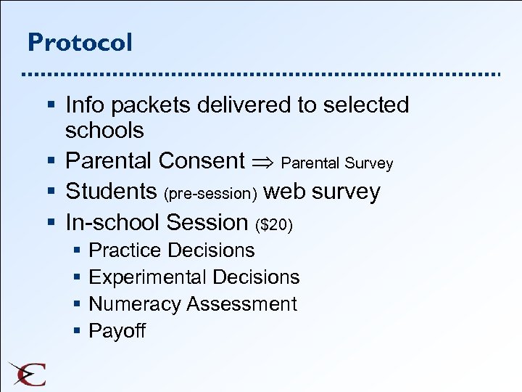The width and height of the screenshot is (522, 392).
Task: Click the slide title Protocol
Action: click(x=80, y=42)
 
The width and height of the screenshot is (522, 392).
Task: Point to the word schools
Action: click(x=104, y=131)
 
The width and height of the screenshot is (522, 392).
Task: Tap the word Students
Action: click(x=111, y=192)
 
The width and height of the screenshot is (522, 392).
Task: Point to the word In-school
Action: click(x=112, y=222)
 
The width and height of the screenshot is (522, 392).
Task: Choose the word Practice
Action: click(x=123, y=250)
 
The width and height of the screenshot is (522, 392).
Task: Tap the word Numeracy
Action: click(x=135, y=304)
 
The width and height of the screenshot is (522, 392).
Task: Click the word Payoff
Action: click(x=117, y=331)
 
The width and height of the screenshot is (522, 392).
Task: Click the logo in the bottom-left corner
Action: click(x=27, y=373)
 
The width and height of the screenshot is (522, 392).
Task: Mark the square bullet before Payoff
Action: click(x=77, y=332)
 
